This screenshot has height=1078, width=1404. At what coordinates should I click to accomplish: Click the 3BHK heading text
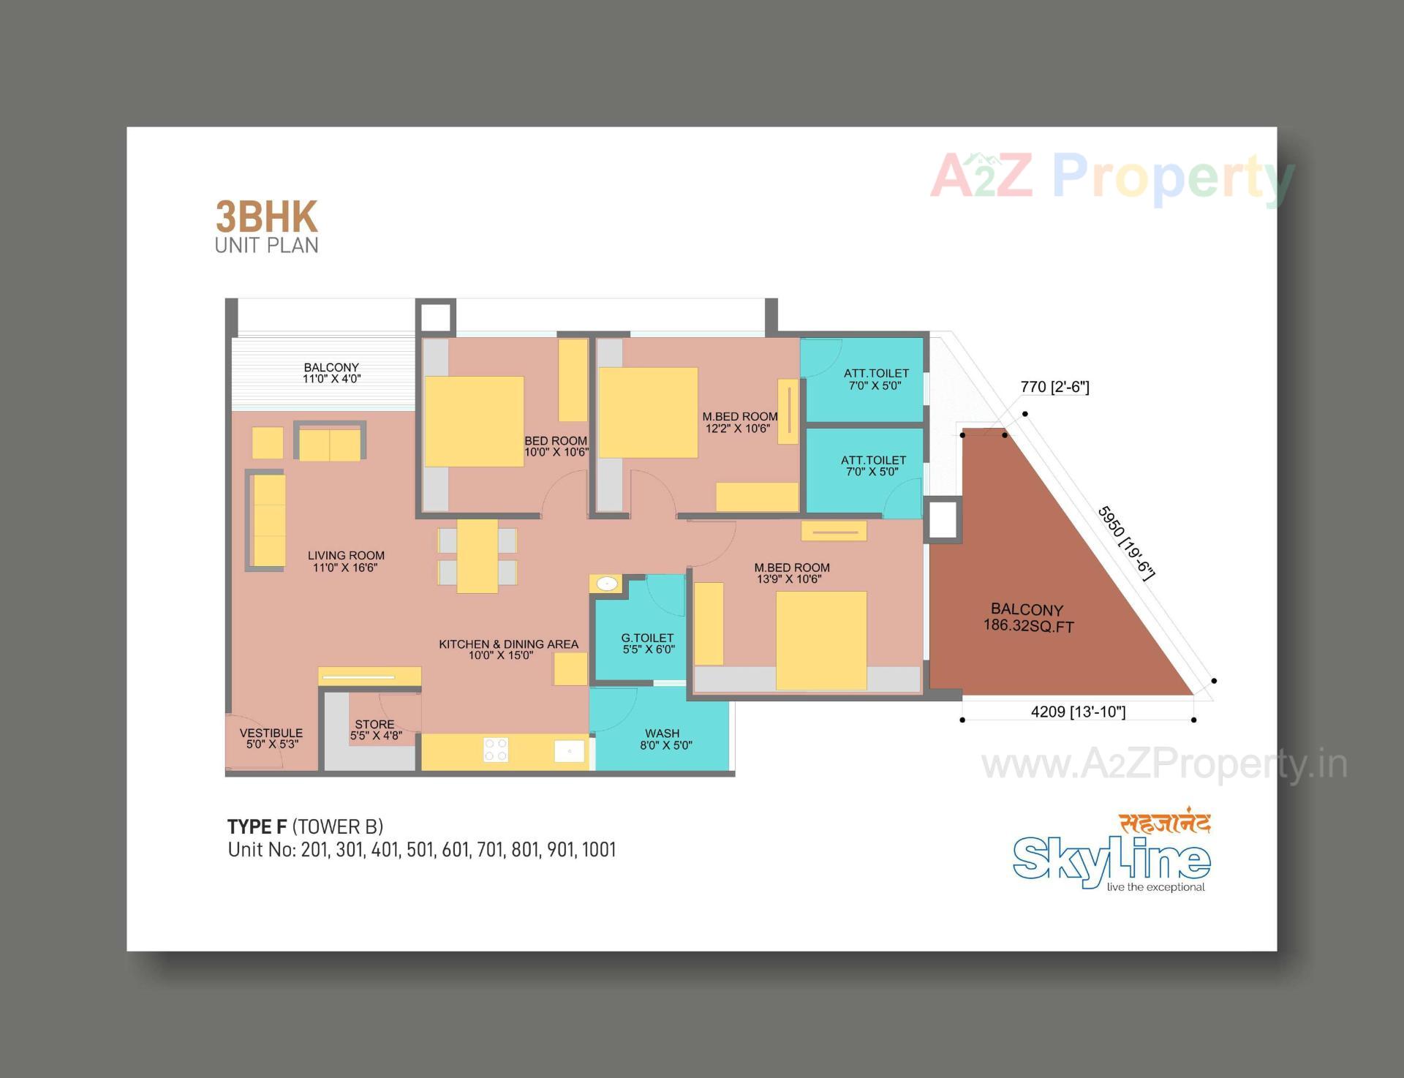[x=266, y=217]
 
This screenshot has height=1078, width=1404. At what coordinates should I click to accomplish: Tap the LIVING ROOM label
[x=346, y=561]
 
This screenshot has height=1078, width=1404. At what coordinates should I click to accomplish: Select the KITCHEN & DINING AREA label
[x=508, y=649]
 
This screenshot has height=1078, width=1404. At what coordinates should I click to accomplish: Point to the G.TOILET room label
[x=648, y=644]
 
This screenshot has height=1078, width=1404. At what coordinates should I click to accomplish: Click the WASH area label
[x=663, y=739]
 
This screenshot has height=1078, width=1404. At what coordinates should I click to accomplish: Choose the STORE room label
[x=375, y=730]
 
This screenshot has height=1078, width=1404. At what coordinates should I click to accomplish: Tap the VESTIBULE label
[x=271, y=739]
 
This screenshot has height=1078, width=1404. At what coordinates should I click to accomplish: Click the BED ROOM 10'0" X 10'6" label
[x=556, y=446]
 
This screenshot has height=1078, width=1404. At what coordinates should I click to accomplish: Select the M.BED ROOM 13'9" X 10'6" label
[x=791, y=573]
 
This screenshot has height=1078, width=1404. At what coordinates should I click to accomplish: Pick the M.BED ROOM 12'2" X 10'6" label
[x=739, y=422]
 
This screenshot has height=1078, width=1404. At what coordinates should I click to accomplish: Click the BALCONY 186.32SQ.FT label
[x=1027, y=617]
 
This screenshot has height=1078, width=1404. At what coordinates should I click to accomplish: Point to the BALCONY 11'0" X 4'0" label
[x=331, y=373]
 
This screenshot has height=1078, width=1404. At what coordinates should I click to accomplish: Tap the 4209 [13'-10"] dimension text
[x=1078, y=712]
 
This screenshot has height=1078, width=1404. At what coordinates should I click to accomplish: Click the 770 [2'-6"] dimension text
[x=1054, y=387]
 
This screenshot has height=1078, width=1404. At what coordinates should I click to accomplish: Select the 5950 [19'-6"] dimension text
[x=1126, y=543]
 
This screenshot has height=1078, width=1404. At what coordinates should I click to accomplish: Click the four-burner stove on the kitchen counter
[x=496, y=750]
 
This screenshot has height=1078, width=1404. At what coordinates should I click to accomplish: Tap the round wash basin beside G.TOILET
[x=606, y=584]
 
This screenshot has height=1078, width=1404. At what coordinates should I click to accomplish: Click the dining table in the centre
[x=478, y=556]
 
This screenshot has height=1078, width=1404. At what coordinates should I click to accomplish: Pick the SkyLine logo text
[x=1111, y=860]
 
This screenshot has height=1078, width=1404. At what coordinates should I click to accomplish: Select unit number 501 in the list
[x=420, y=850]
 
